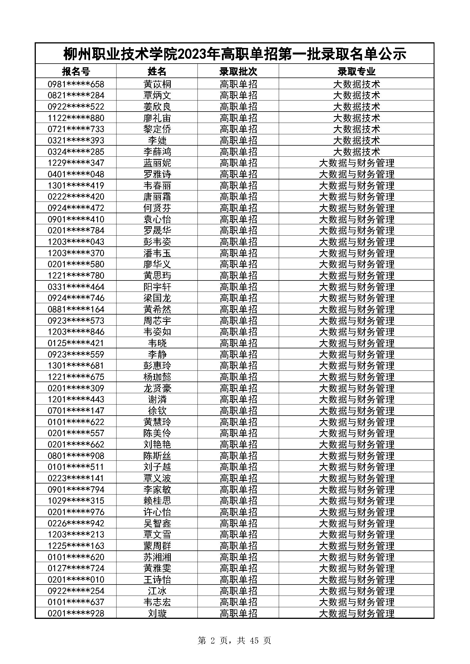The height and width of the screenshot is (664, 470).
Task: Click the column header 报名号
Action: pos(76,71)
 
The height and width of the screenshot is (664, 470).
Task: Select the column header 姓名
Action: pos(157,71)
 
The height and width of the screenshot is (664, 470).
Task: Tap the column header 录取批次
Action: pos(238,71)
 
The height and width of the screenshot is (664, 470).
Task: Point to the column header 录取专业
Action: pos(356,71)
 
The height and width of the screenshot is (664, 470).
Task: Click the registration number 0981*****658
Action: pos(76,84)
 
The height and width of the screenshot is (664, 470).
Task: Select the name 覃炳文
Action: pos(157,95)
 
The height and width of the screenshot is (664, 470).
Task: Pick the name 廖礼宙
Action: pos(157,118)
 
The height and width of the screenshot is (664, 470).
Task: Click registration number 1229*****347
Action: pos(76,163)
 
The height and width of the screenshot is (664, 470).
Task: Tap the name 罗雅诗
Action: pos(157,174)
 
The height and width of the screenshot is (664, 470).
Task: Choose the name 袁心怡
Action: pos(157,219)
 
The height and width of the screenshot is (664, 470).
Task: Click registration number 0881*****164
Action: pos(76,309)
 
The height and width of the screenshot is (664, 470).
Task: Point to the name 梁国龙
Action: pos(157,298)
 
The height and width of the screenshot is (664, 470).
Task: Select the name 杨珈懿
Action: pos(157,377)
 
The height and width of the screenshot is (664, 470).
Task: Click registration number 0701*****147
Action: pos(76,411)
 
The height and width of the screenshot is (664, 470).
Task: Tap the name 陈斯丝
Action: pos(157,456)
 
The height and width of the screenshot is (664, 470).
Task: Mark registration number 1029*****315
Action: pos(76,500)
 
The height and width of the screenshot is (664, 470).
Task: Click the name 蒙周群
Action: pos(157,546)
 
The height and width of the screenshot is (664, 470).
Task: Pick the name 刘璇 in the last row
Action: pos(157,613)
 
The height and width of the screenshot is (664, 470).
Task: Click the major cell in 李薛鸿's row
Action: pos(356,152)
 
